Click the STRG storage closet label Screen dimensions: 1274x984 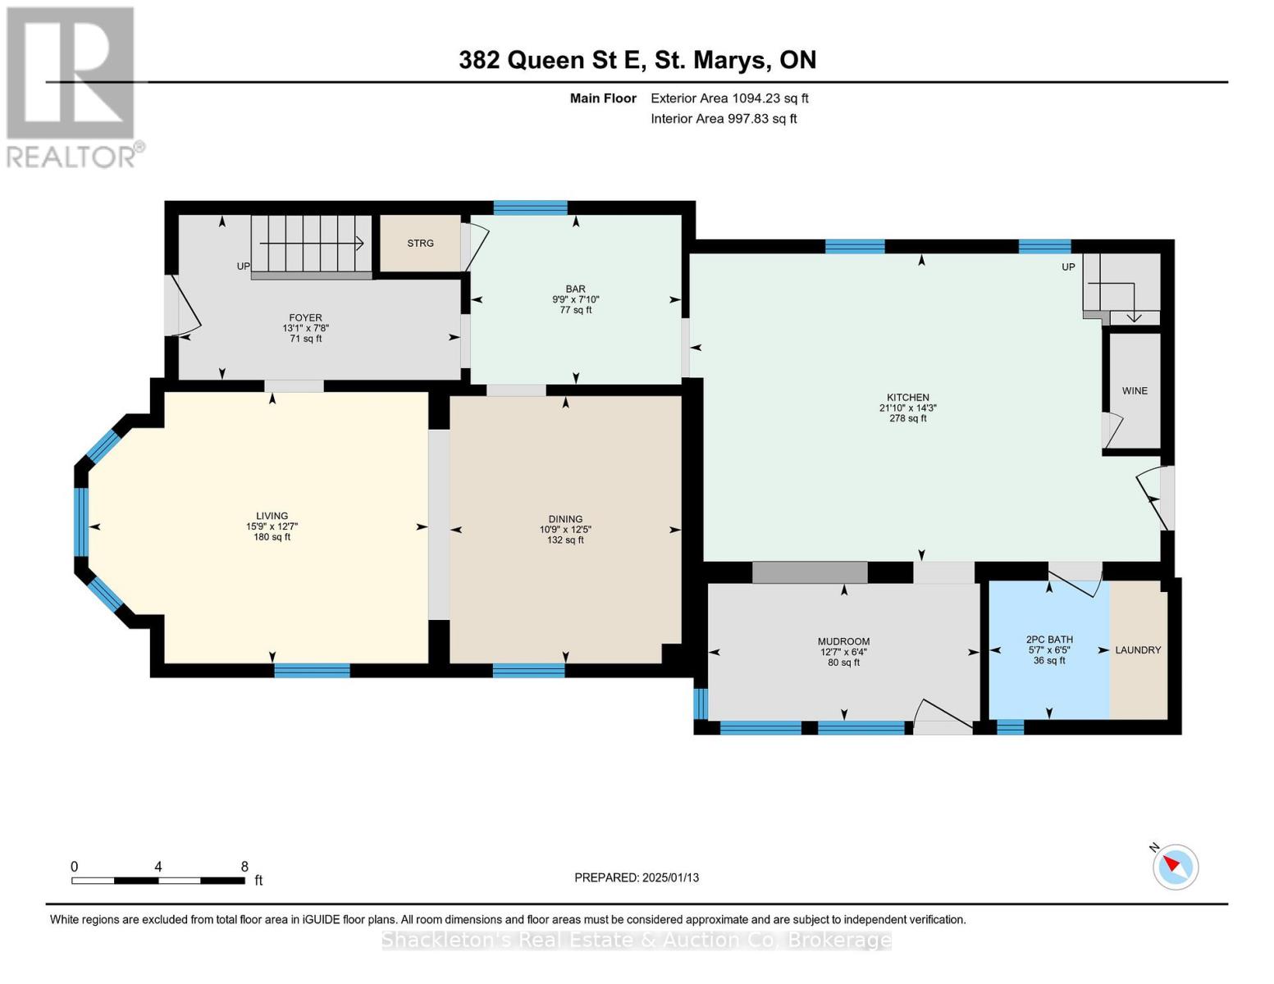(420, 244)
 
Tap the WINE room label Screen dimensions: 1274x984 (1135, 391)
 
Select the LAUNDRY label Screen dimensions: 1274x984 (1138, 650)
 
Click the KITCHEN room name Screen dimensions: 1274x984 (907, 398)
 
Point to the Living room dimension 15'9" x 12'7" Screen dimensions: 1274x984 (272, 527)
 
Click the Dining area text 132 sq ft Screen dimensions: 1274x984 (565, 540)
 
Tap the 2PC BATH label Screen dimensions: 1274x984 (1049, 640)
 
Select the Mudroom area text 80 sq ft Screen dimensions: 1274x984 (843, 663)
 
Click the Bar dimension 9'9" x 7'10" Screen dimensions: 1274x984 (575, 299)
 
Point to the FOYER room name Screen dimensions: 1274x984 (305, 317)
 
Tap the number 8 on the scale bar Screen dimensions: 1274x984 (244, 867)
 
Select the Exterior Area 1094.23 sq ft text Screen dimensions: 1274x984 (729, 98)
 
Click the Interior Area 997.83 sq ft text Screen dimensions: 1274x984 (724, 118)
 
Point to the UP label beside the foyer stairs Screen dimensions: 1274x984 (244, 266)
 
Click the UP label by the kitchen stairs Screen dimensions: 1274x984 (1068, 266)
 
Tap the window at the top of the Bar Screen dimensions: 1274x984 (531, 207)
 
